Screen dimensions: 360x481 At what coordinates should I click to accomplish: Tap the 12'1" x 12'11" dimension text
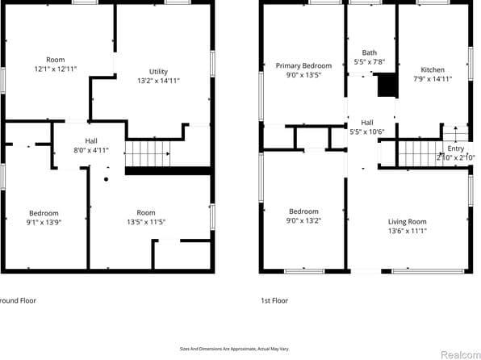[x=56, y=70]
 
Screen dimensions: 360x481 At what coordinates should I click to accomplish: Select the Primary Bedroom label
[x=303, y=65]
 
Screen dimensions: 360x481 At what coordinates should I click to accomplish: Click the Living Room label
[x=406, y=221]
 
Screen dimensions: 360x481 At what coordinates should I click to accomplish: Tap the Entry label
[x=456, y=149]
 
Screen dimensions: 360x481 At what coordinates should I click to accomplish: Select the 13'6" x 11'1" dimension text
[x=406, y=231]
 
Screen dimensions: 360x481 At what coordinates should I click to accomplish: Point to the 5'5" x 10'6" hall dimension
[x=366, y=132]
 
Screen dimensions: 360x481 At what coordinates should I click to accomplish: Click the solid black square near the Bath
[x=387, y=85]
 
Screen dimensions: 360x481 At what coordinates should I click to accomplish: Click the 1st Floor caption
[x=275, y=300]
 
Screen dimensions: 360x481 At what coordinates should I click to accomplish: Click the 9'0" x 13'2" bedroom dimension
[x=303, y=221]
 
